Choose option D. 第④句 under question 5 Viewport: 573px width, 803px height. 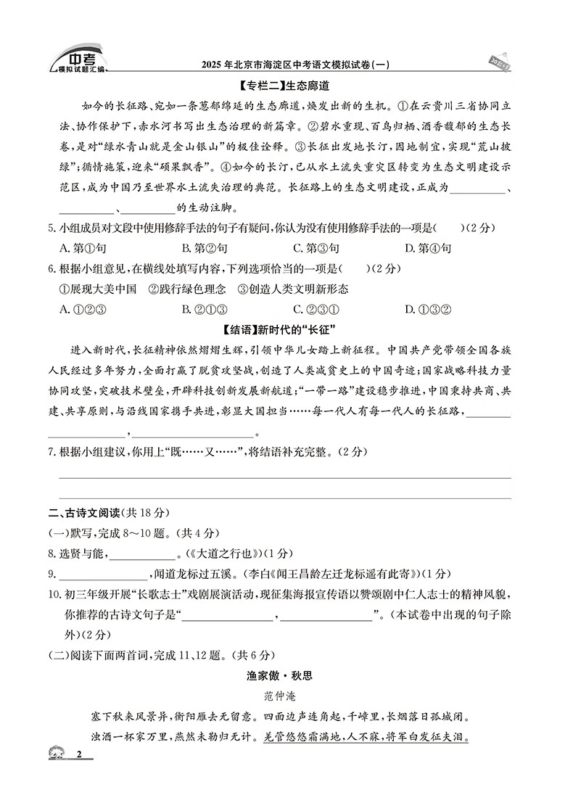click(428, 248)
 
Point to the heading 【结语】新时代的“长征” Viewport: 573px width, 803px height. click(286, 331)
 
